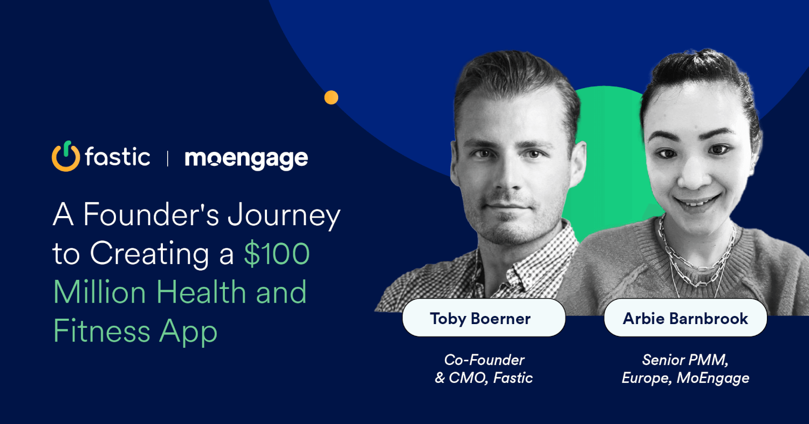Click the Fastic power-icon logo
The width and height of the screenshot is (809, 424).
[65, 157]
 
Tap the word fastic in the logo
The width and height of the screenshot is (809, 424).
[117, 157]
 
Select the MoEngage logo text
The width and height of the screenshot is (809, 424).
[246, 158]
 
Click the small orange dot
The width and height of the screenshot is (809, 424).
[331, 97]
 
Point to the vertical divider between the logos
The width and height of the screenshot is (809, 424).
[168, 158]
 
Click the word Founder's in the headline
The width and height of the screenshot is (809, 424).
[152, 215]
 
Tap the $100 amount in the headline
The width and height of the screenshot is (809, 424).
[276, 254]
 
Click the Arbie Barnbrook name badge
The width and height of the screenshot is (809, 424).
[685, 318]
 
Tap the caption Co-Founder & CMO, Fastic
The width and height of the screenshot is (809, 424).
[484, 369]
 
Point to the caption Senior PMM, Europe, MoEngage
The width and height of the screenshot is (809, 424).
[685, 369]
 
